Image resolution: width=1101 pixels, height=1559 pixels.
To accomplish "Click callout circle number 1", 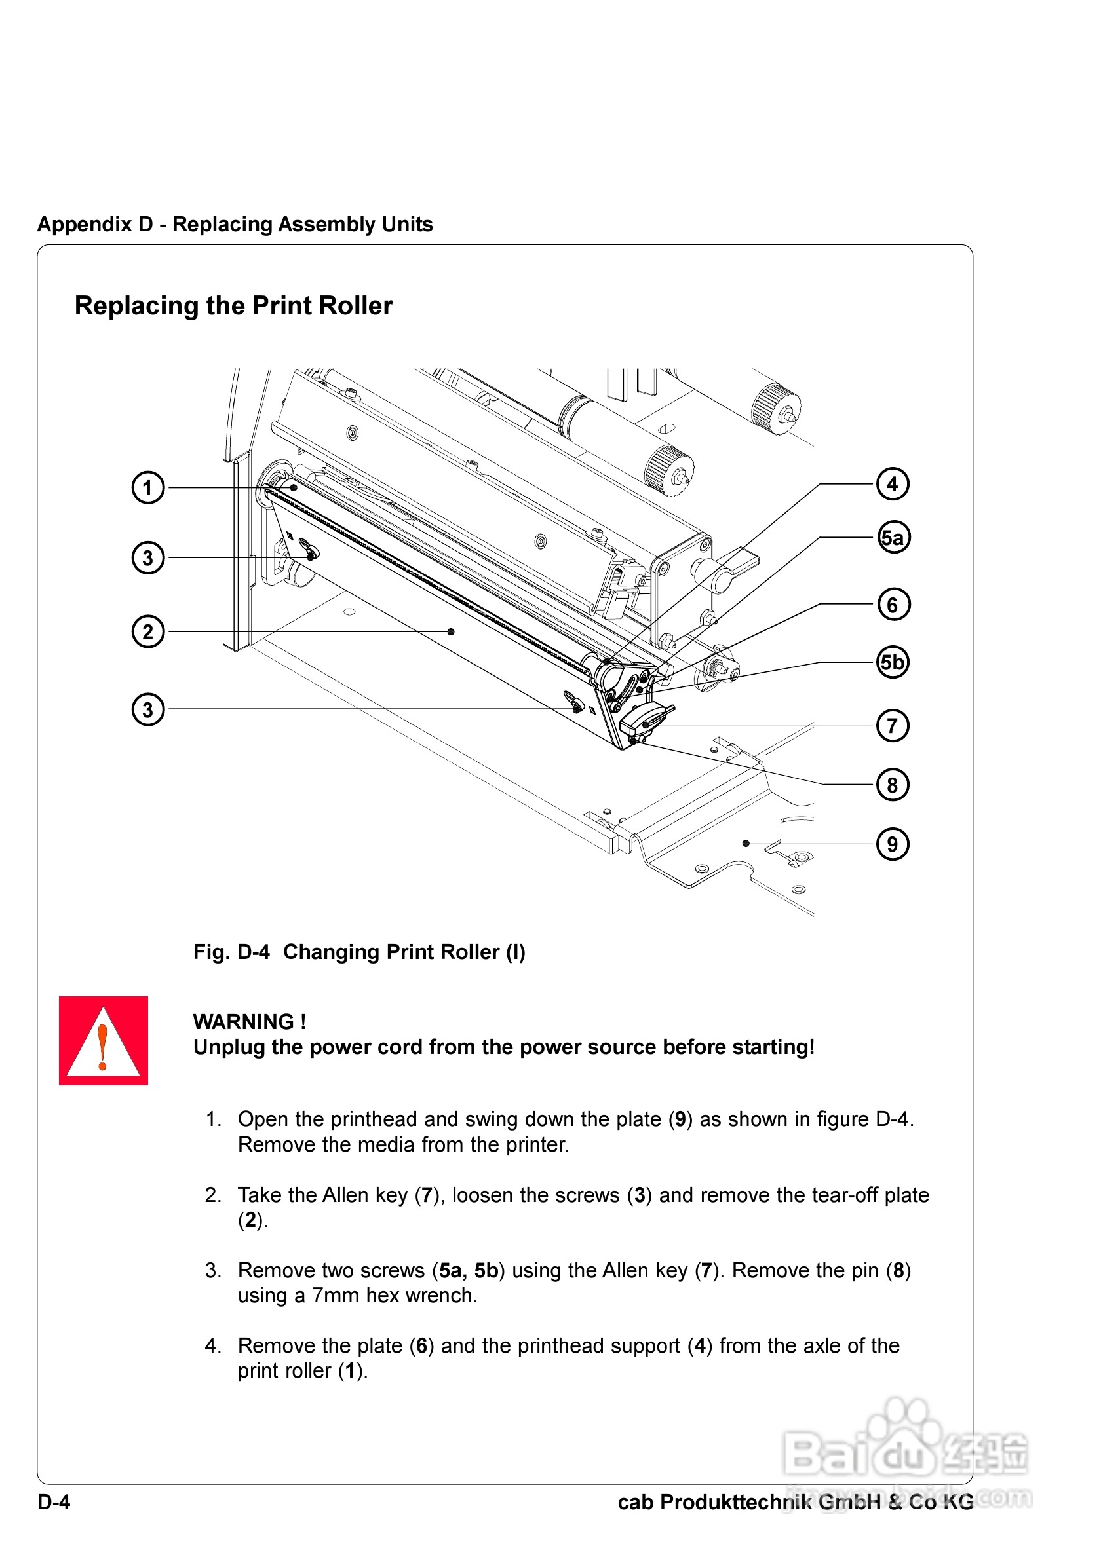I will point(147,487).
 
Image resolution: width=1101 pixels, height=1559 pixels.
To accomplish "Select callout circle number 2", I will point(147,631).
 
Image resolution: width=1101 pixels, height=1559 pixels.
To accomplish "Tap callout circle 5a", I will point(893,538).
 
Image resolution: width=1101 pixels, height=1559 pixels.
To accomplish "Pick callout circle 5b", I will point(893,662).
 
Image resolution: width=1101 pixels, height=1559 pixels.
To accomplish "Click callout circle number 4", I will point(893,484).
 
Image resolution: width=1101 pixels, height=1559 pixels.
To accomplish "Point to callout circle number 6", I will point(893,605).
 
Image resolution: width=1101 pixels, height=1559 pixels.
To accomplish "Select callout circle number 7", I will point(893,726).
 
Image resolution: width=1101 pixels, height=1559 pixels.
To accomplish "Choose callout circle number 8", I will point(893,785).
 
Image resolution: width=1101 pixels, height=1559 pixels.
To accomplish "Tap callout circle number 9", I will point(893,844).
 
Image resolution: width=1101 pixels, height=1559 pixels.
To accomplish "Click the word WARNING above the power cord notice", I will point(243,1022).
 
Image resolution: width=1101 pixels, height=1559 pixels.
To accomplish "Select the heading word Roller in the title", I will point(356,307).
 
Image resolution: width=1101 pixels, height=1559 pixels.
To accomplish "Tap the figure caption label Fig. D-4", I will point(231,952).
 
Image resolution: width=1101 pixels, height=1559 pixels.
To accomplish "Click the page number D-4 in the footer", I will point(54,1502).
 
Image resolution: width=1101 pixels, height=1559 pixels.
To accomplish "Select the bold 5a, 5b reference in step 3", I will point(469,1270).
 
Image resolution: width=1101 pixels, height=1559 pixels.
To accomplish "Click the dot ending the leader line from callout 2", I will point(451,631).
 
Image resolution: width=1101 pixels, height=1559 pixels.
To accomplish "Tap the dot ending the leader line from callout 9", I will point(746,843).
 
